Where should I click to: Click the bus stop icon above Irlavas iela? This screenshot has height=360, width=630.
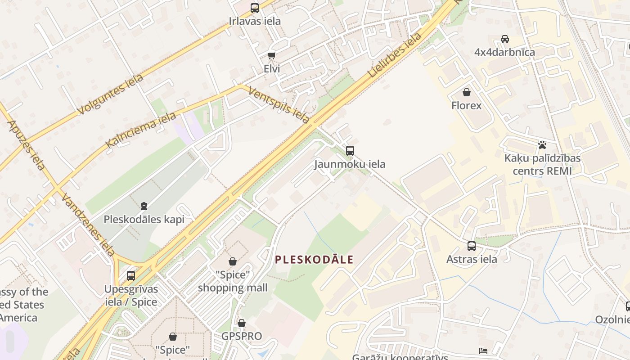click(255, 8)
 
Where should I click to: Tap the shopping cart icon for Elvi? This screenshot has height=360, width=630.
click(271, 55)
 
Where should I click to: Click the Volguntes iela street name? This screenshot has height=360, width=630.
click(110, 94)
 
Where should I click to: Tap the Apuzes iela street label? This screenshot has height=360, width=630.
click(27, 145)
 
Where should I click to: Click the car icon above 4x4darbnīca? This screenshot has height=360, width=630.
click(505, 39)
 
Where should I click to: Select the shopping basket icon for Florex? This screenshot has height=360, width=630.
click(467, 92)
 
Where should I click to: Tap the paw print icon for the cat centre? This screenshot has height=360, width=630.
click(542, 145)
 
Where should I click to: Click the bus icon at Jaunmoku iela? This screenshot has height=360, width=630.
click(350, 151)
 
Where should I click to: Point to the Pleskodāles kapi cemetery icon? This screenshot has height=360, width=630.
click(144, 206)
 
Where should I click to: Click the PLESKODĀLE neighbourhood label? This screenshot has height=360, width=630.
click(314, 260)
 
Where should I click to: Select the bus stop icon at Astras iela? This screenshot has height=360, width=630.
click(472, 246)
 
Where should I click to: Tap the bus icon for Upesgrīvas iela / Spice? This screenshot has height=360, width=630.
click(131, 275)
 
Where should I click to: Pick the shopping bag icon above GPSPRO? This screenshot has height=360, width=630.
click(242, 323)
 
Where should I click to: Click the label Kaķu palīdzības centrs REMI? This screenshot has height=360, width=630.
click(542, 165)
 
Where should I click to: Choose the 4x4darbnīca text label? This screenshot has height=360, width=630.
click(504, 52)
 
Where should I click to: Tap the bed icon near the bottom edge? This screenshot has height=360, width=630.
click(483, 351)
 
